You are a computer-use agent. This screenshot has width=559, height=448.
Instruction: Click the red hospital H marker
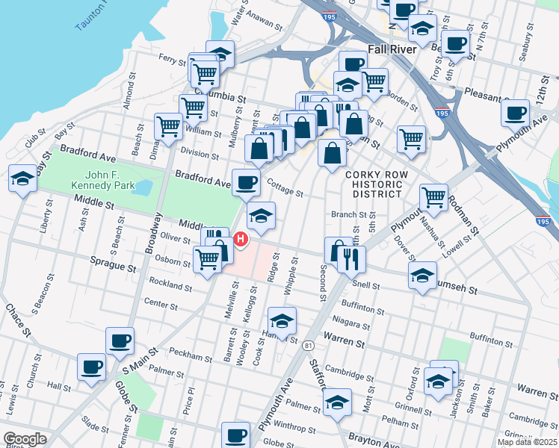[x=241, y=239]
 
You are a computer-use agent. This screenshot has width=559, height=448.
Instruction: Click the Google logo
[x=25, y=439]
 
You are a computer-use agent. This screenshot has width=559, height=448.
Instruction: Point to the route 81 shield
[x=307, y=345]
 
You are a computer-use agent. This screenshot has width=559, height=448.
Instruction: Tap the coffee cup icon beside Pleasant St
[x=515, y=113]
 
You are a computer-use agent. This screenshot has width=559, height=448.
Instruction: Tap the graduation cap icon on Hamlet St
[x=282, y=321]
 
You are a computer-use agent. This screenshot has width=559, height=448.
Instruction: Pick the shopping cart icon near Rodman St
[x=433, y=197]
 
